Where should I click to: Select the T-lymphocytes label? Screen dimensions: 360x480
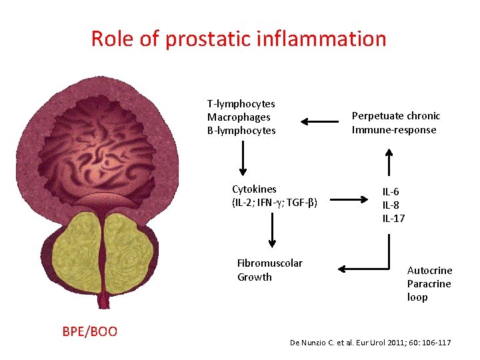241,104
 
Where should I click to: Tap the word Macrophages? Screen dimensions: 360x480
239,117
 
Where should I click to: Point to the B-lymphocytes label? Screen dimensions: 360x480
241,131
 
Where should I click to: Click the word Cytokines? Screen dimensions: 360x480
254,189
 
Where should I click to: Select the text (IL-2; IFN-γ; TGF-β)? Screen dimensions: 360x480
274,202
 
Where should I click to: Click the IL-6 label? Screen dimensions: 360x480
391,192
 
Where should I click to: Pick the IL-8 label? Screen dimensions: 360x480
391,205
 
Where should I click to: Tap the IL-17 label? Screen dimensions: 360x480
393,219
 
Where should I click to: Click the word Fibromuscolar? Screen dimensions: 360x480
269,263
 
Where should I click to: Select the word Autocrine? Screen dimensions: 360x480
429,271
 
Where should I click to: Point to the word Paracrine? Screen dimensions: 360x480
429,284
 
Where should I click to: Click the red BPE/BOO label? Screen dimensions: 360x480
89,331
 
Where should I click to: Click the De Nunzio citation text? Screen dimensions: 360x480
370,343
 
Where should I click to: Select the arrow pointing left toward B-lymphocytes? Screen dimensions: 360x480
320,121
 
